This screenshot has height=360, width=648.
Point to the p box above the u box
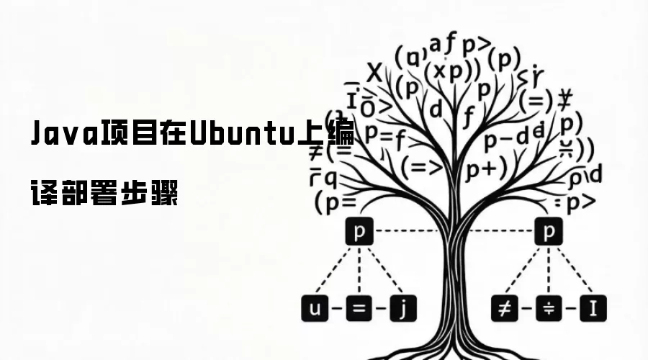(x=359, y=232)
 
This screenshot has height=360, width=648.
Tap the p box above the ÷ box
(x=549, y=232)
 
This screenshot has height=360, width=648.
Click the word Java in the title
(x=66, y=135)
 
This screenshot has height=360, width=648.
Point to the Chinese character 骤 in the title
(x=165, y=193)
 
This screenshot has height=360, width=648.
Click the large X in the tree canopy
(x=374, y=72)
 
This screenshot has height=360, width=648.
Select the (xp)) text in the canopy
(x=451, y=71)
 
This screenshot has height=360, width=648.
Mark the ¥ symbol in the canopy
(x=565, y=97)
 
